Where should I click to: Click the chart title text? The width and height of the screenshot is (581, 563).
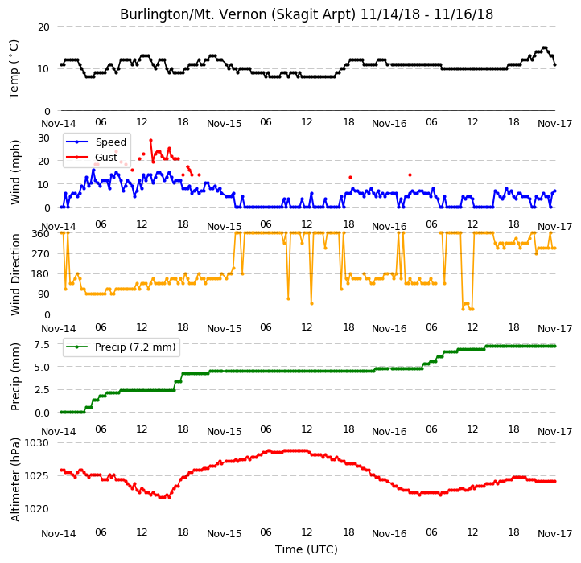coord(307,14)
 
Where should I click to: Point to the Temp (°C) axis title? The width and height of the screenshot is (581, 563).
coord(14,69)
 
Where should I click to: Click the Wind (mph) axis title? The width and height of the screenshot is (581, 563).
coord(14,172)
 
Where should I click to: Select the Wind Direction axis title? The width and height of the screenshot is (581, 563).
coord(14,274)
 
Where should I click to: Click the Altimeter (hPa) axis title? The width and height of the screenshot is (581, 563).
coord(14,479)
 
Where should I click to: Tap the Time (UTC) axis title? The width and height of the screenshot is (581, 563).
coord(306,549)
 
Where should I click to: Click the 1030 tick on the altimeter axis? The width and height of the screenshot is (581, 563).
coord(36,443)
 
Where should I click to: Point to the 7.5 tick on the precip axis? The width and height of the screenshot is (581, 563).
coord(42,345)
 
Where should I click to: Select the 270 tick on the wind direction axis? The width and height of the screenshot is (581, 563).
coord(41,254)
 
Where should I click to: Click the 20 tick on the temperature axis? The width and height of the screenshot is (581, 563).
coord(43,27)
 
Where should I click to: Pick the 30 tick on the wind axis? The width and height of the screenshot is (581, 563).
coord(43,138)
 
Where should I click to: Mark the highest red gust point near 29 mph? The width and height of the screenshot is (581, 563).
coord(150,141)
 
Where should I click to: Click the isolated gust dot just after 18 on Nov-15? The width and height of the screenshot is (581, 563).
coord(350,178)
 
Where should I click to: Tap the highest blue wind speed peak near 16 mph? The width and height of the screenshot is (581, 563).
coord(93,171)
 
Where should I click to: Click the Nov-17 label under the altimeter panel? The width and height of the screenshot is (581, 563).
coord(554,534)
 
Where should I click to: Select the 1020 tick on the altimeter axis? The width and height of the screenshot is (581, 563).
coord(36,509)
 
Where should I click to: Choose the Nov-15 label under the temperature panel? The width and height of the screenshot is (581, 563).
coord(224,124)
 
